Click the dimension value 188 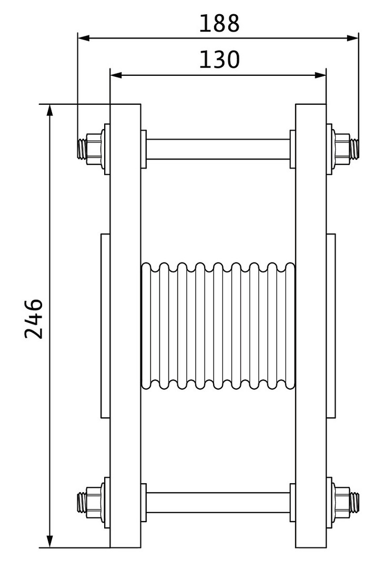coord(219,23)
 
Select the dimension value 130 coord(219,60)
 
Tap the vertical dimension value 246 coord(34,319)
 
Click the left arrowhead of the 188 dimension coord(84,38)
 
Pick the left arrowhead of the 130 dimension coord(116,75)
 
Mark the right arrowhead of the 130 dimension coord(320,75)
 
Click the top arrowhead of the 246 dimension coord(50,110)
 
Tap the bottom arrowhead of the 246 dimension coord(50,541)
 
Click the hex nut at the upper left coord(94,149)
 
